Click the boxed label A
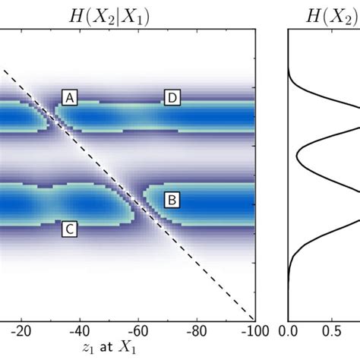pyautogui.click(x=70, y=98)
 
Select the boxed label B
pyautogui.click(x=172, y=200)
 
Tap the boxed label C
pyautogui.click(x=70, y=229)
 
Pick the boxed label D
pyautogui.click(x=172, y=98)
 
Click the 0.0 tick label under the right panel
pyautogui.click(x=289, y=332)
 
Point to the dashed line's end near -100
pyautogui.click(x=252, y=317)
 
